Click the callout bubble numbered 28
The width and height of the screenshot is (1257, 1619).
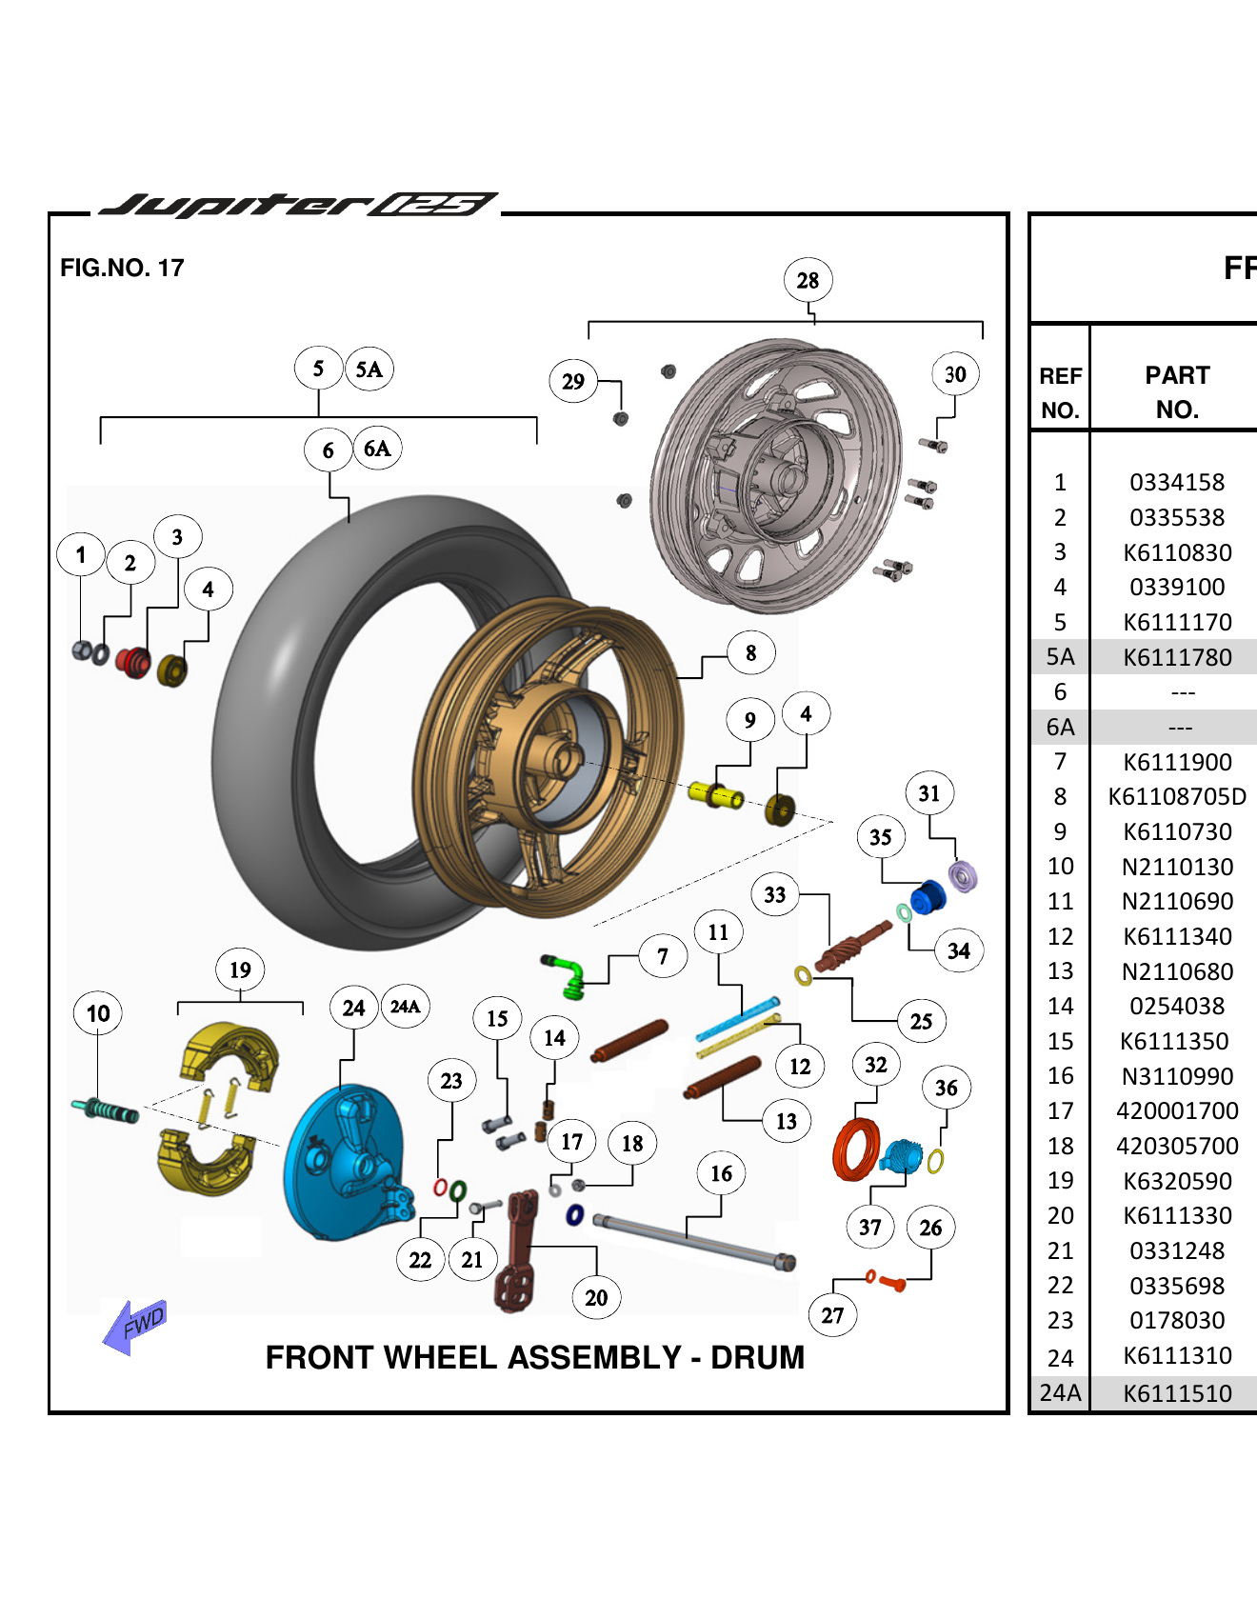pos(808,280)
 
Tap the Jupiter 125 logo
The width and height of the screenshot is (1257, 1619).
pos(297,205)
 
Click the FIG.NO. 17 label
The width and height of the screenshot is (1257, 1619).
pos(122,268)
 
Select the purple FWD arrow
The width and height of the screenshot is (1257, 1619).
pos(134,1325)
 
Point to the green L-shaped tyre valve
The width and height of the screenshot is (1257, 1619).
pos(567,975)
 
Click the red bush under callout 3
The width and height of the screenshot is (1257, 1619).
pos(133,661)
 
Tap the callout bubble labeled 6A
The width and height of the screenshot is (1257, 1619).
pos(377,449)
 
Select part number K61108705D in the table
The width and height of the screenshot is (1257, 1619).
pos(1177,796)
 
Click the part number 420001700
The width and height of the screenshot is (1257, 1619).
pos(1177,1110)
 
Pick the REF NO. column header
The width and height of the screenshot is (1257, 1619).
pos(1060,392)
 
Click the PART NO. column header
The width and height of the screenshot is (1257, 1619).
pos(1177,392)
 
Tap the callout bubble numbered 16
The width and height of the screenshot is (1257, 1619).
pos(721,1173)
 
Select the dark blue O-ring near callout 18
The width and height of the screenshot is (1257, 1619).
pos(574,1214)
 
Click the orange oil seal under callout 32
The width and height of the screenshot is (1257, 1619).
pos(856,1149)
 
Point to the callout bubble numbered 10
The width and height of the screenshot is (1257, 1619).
pos(98,1013)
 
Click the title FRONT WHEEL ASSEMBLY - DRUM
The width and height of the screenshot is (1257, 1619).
pos(534,1357)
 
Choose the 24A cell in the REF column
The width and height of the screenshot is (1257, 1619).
pos(1060,1392)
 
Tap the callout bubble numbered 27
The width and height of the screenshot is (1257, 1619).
pos(832,1315)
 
